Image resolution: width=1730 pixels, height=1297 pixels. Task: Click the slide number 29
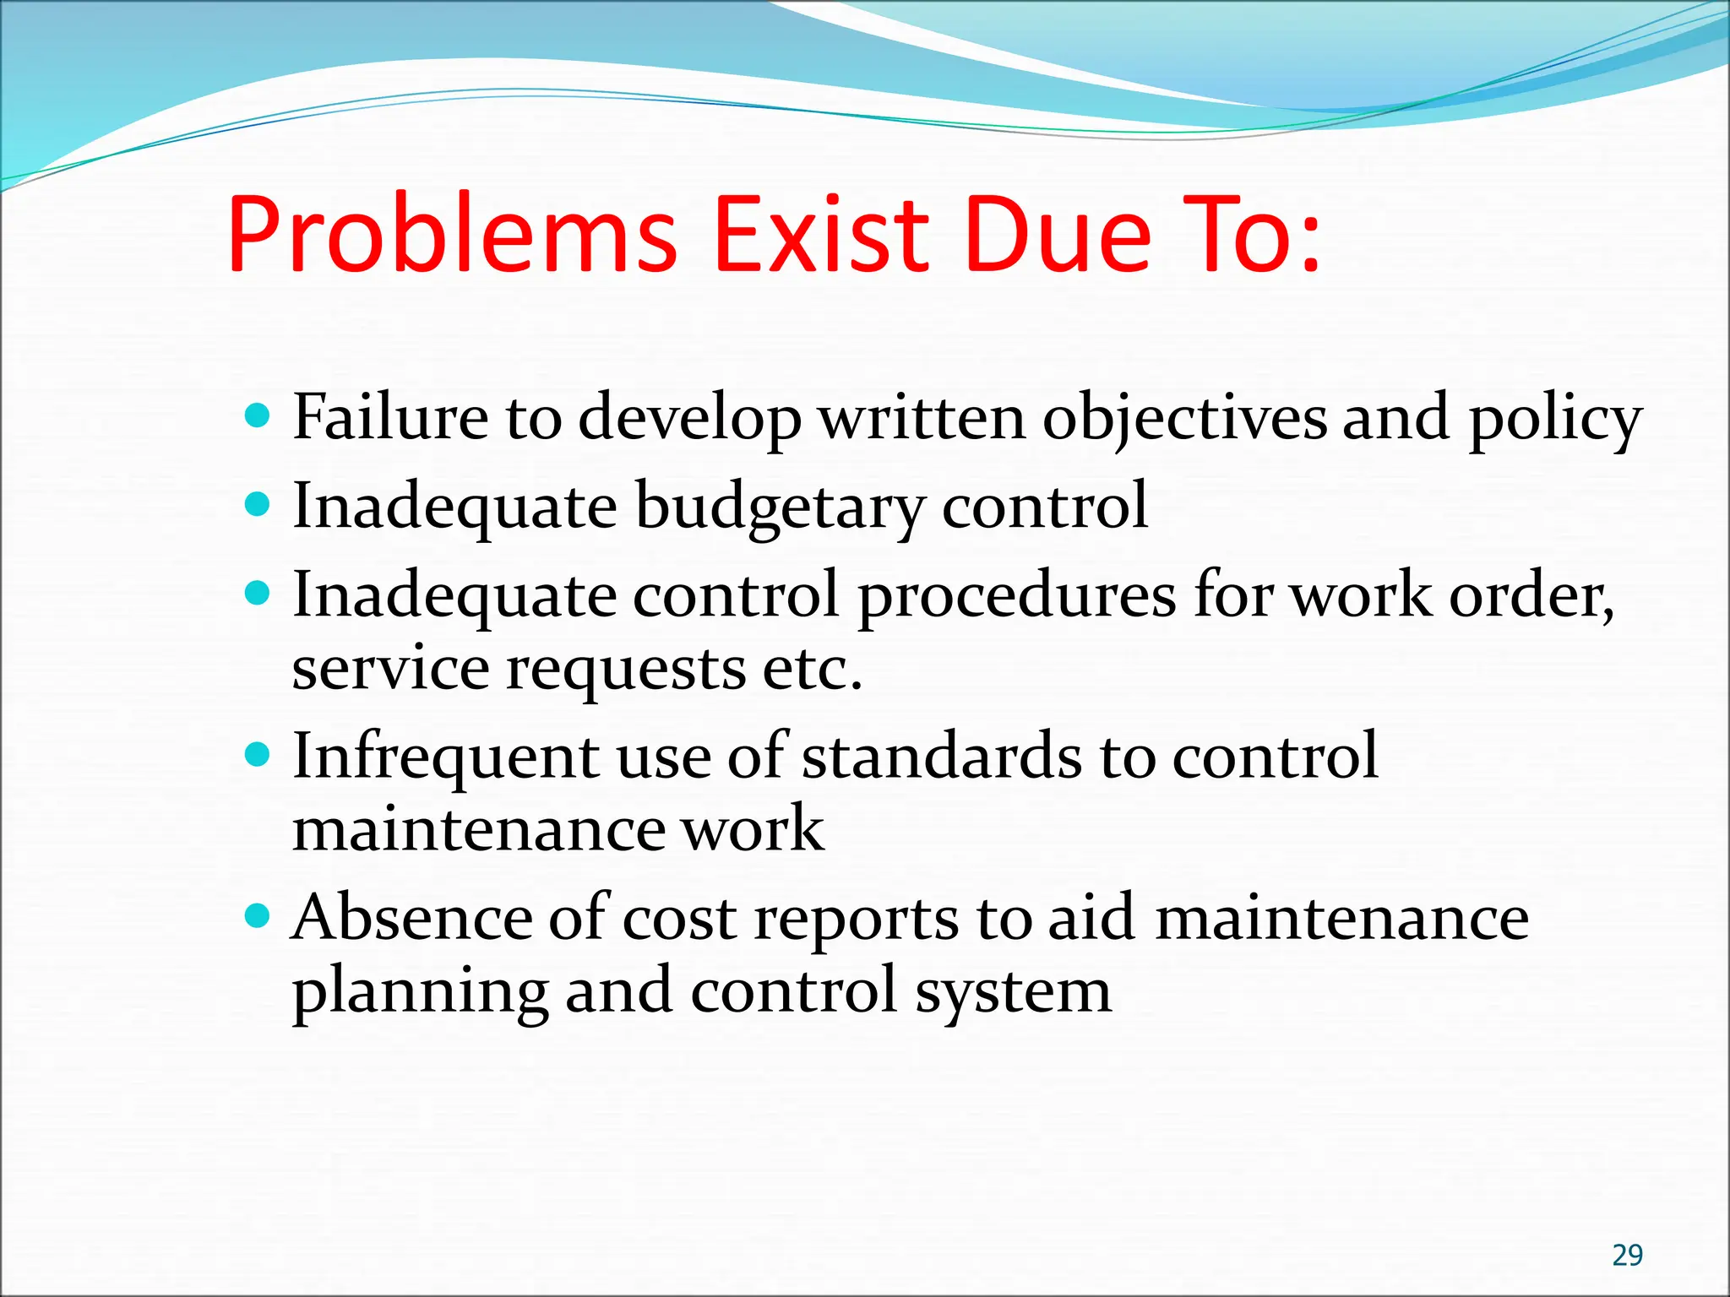pyautogui.click(x=1627, y=1255)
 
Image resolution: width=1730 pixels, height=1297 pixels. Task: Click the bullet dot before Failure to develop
pyautogui.click(x=256, y=415)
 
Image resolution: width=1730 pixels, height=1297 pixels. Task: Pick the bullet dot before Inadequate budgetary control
pyautogui.click(x=256, y=505)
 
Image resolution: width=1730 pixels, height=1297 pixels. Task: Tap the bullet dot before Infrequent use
pyautogui.click(x=256, y=753)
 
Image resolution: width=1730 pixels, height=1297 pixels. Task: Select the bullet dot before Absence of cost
pyautogui.click(x=256, y=915)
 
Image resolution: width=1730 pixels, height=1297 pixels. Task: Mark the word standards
pyautogui.click(x=941, y=755)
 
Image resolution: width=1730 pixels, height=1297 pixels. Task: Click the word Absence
pyautogui.click(x=412, y=917)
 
